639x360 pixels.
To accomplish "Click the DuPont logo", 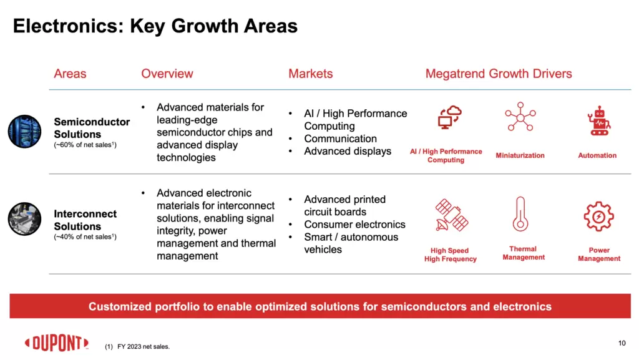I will coord(56,343).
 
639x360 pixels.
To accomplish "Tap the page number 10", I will coord(621,343).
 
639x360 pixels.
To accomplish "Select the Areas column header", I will coord(70,74).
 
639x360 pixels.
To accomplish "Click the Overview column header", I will coord(167,74).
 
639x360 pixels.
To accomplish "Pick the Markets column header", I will coord(310,74).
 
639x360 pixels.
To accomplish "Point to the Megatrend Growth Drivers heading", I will coord(498,74).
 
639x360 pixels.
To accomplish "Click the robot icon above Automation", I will coord(597,120).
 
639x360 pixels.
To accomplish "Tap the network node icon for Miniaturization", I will coord(520,117).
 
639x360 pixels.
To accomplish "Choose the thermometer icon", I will coord(520,214).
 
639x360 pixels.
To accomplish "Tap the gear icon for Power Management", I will coord(598,216).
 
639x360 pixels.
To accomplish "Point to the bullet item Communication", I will coord(340,139).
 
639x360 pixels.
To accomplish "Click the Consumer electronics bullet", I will coord(354,225).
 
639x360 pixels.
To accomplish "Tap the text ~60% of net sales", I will coord(85,145).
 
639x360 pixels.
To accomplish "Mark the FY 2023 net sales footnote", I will coord(137,346).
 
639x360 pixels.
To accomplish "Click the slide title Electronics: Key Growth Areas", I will coord(155,26).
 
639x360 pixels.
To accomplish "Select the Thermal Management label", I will coord(523,253).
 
